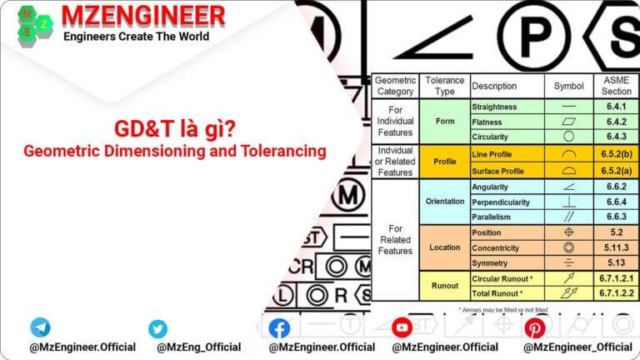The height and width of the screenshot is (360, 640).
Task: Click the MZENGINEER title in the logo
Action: pyautogui.click(x=143, y=15)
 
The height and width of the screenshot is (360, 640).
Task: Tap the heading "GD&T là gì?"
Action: pyautogui.click(x=174, y=130)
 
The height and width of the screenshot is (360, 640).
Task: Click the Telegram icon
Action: pyautogui.click(x=40, y=327)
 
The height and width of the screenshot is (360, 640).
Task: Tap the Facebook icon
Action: pyautogui.click(x=279, y=328)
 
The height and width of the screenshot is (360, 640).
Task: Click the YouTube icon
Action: pyautogui.click(x=402, y=327)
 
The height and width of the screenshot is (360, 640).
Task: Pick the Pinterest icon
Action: pyautogui.click(x=534, y=328)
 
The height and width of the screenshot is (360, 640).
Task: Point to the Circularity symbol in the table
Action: pyautogui.click(x=568, y=136)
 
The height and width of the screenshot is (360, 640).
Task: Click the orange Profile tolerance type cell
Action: pyautogui.click(x=445, y=162)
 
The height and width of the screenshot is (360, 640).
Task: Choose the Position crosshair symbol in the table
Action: pyautogui.click(x=568, y=232)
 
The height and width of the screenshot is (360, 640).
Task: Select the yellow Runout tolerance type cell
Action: pyautogui.click(x=445, y=286)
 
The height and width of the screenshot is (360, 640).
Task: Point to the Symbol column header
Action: pyautogui.click(x=568, y=86)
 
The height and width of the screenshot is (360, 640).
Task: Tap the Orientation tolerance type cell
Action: pyautogui.click(x=445, y=202)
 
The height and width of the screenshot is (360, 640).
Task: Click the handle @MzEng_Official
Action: pyautogui.click(x=194, y=347)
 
